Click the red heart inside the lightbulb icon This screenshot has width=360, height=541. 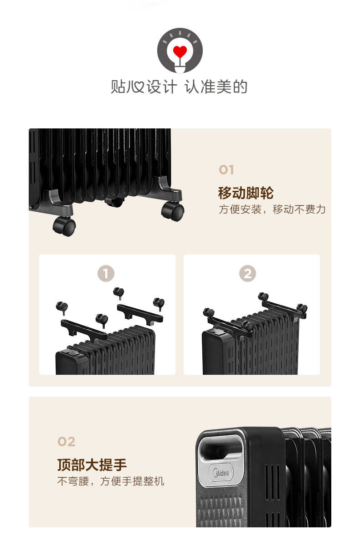point(180,52)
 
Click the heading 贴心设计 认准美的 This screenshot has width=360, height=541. point(179,87)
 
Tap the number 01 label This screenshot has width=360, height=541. point(226,170)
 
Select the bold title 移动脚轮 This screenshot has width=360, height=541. point(246,193)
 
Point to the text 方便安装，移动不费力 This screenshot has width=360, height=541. point(272,209)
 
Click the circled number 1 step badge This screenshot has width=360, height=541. point(106,274)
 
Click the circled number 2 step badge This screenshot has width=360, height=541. point(247,274)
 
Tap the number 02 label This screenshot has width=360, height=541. point(67,442)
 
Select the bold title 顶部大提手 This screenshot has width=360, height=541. point(92,465)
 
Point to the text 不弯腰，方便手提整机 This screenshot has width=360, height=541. point(111,481)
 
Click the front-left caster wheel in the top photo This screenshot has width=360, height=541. point(64,226)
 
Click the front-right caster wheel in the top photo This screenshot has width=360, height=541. point(173,211)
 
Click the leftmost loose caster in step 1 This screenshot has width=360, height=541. point(62,308)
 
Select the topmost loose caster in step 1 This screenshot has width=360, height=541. point(118,292)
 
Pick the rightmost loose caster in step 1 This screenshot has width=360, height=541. point(159,303)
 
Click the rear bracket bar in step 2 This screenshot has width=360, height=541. point(283,306)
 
